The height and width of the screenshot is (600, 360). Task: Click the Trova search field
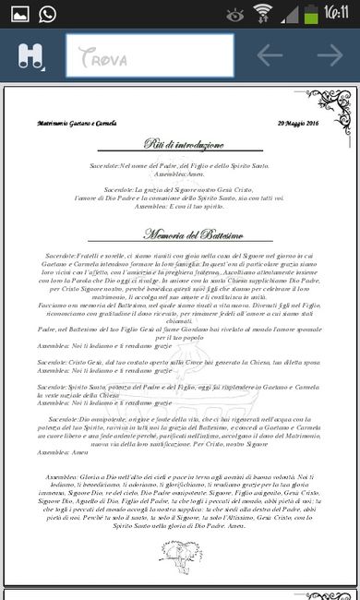pyautogui.click(x=148, y=55)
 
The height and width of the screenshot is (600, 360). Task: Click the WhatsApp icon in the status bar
pyautogui.click(x=46, y=13)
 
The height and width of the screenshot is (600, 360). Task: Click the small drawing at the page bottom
pyautogui.click(x=180, y=552)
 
